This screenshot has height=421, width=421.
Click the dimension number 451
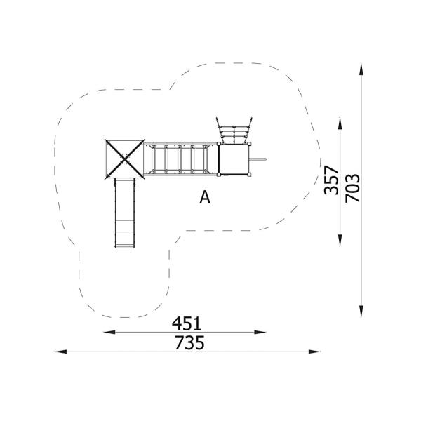point(187,323)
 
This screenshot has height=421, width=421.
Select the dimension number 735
point(189,343)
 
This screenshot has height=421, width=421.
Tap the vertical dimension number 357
point(331,180)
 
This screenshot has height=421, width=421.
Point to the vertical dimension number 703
point(352,188)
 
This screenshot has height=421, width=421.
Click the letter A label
point(205,197)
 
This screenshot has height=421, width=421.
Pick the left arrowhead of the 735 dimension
point(60,352)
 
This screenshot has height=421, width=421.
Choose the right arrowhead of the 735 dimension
point(314,352)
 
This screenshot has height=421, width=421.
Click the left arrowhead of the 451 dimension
point(109,332)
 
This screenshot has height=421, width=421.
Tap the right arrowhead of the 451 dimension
point(260,332)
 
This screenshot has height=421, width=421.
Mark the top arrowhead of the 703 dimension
point(361,69)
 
